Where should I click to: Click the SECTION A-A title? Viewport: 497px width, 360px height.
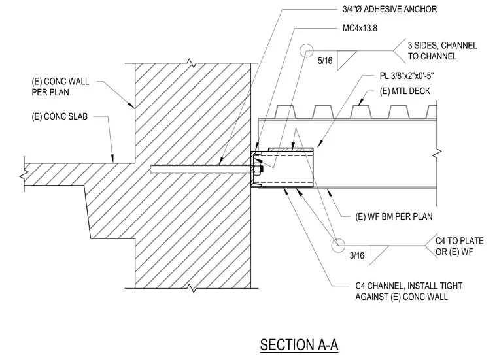click(x=299, y=344)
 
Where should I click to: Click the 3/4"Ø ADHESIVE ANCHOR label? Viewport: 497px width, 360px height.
click(x=390, y=9)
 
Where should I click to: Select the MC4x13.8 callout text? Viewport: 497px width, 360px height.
click(x=360, y=28)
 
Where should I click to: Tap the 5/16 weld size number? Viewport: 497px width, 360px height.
click(x=325, y=61)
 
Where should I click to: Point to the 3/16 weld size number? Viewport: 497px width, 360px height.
click(x=356, y=255)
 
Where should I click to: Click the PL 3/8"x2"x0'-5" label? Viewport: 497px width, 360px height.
click(x=407, y=76)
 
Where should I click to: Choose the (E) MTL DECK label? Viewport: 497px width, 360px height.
click(x=405, y=91)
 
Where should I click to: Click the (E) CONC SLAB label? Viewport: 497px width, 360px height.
click(x=60, y=116)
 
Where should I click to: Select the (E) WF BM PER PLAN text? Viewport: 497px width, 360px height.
click(x=394, y=216)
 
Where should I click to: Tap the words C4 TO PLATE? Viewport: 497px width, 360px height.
click(x=459, y=241)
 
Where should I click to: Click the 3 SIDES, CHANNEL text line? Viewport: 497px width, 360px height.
click(x=442, y=46)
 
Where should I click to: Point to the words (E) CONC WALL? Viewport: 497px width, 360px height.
click(x=60, y=82)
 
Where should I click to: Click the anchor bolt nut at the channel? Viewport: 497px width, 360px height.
click(x=259, y=169)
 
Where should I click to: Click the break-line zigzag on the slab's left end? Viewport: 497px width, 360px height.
click(x=24, y=174)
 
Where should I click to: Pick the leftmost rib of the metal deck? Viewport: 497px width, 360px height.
click(x=284, y=112)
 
